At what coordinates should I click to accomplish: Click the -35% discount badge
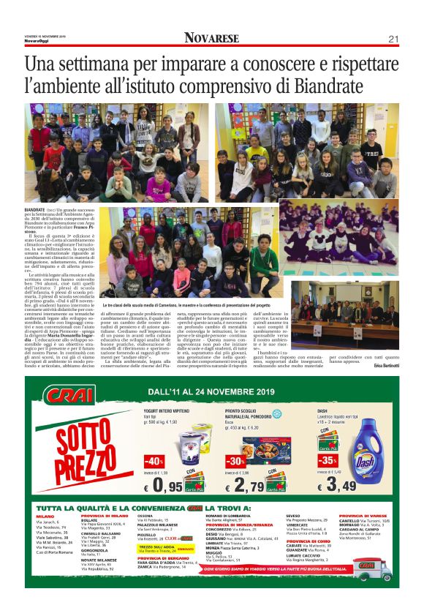(327, 461)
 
